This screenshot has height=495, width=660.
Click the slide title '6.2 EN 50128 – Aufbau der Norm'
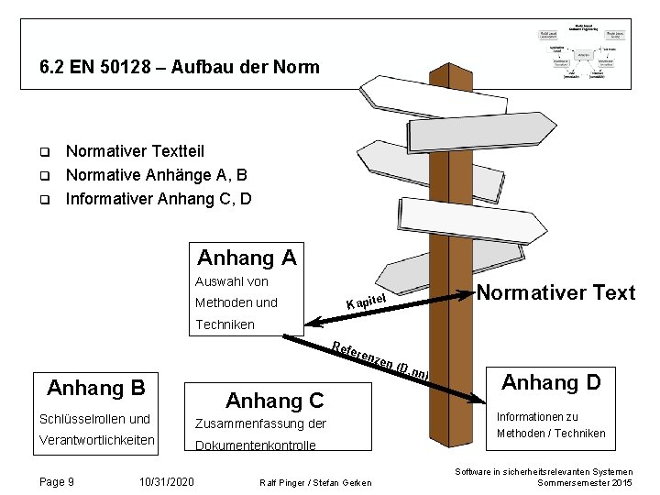tap(180, 67)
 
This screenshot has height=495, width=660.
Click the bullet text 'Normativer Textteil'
tap(135, 151)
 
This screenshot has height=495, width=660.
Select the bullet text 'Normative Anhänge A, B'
tap(157, 174)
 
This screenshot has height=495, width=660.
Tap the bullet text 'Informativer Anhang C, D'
tap(159, 197)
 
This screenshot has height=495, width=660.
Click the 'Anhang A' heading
tap(247, 258)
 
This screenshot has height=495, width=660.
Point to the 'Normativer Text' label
tap(555, 292)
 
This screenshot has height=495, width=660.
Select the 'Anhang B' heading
tap(95, 387)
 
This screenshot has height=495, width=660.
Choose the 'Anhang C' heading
tap(274, 400)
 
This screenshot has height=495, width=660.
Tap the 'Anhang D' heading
tap(550, 381)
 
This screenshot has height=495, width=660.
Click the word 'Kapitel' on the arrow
tap(369, 300)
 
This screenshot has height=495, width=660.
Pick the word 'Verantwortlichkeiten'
tap(96, 441)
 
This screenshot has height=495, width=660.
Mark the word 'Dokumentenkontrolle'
tap(255, 445)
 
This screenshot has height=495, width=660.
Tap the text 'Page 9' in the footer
tap(58, 481)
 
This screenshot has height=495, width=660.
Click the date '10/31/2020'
tap(166, 481)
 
